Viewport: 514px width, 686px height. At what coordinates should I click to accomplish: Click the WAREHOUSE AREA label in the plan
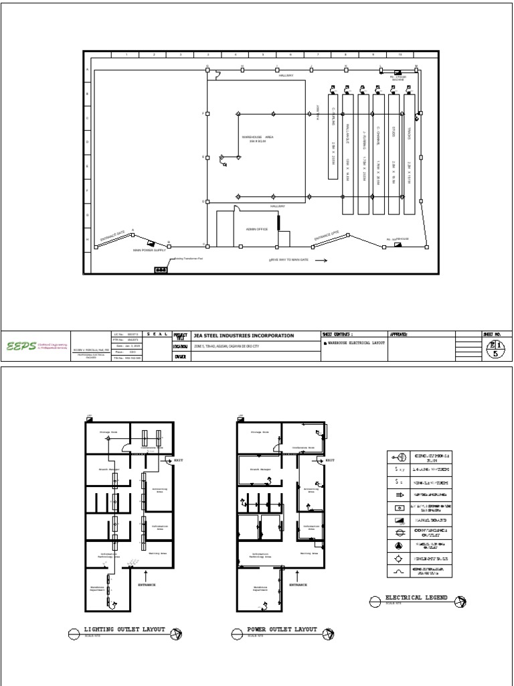pos(258,138)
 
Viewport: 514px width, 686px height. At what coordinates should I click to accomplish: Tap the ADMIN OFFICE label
pos(256,228)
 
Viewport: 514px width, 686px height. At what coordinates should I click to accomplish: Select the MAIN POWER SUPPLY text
pos(149,250)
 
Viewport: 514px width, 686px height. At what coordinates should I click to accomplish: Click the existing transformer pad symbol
pos(161,269)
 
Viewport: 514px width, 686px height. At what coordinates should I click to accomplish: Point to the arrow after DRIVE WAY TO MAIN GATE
pos(320,259)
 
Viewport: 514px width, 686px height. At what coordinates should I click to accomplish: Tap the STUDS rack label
pos(394,133)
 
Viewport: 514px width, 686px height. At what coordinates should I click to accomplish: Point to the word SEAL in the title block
pos(156,334)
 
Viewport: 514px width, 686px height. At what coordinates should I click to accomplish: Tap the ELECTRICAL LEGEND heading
pos(416,597)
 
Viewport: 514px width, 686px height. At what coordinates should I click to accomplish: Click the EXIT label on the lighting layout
pos(178,461)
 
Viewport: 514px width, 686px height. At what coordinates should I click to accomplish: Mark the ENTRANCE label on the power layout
pos(298,585)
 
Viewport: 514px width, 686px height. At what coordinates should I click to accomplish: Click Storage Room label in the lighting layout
pos(108,433)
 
